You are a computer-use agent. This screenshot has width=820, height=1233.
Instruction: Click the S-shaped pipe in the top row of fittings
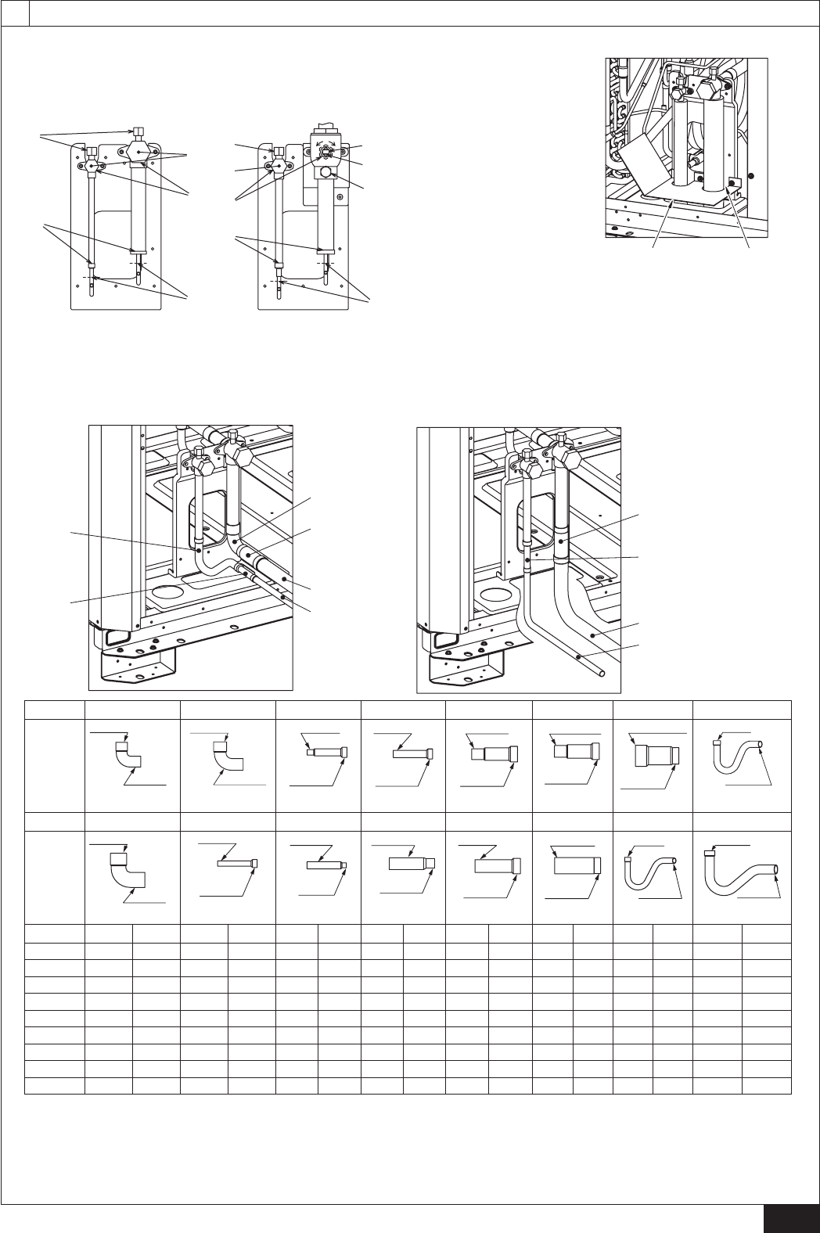739,754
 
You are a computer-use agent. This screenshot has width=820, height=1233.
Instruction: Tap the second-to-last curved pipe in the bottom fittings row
652,872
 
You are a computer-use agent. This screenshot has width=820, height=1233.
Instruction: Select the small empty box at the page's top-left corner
15,13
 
